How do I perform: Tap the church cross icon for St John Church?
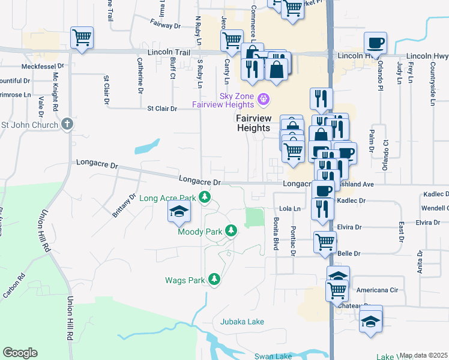pos(67,125)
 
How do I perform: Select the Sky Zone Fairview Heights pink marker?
pos(262,98)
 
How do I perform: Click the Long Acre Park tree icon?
pos(205,197)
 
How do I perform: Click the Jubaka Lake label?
pos(242,322)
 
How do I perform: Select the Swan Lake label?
pos(273,356)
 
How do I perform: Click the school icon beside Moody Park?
pos(179,212)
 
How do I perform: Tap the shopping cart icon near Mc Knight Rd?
pos(82,38)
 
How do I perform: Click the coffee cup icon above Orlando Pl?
pos(375,43)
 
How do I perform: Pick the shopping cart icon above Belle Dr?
pos(325,242)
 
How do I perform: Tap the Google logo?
pos(20,353)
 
